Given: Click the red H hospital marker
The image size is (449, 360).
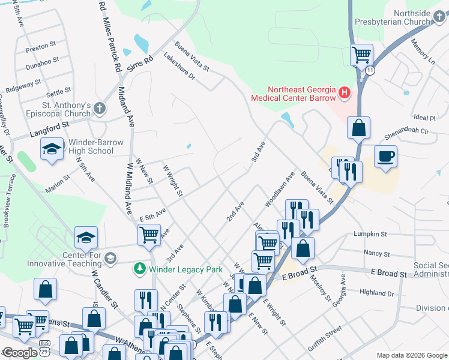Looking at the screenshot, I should point(345,92).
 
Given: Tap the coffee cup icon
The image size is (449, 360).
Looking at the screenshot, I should point(386,157).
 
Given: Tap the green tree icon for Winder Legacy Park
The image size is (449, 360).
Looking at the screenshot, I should point(139,268).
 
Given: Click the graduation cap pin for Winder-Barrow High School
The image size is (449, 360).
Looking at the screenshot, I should point(52,148).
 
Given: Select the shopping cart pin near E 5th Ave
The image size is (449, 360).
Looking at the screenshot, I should point(149,234).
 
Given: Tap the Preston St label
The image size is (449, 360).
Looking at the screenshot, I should point(41,45).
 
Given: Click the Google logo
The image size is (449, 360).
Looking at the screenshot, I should point(20,353).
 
